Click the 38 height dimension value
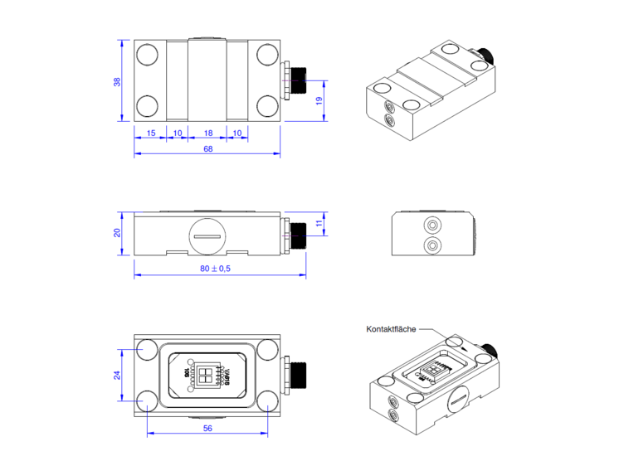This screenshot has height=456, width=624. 117,81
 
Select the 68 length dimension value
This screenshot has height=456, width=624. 207,150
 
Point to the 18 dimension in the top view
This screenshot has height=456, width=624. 207,133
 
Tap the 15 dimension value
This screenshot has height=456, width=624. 150,133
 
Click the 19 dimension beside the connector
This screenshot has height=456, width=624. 319,100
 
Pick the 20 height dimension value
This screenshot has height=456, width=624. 117,233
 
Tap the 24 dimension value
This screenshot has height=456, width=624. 117,376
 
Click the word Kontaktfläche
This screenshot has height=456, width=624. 391,329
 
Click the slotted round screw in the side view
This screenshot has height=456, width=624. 207,235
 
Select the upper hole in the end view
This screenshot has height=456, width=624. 431,226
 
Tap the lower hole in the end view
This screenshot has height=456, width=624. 431,245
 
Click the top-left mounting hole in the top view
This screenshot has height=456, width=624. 147,55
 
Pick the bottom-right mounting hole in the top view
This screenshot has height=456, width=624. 267,106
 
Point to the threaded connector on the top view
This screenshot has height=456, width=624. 296,81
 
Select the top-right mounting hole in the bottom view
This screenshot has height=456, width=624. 267,350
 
